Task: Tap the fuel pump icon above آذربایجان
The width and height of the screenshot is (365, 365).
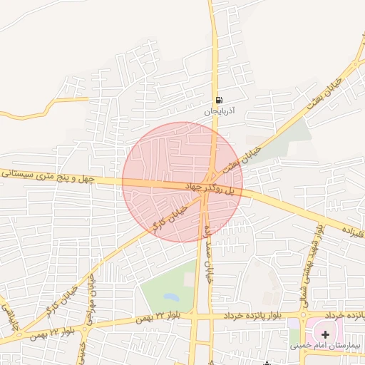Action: [218, 99]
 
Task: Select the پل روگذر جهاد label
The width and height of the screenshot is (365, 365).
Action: [210, 188]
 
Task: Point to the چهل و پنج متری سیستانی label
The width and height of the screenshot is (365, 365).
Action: [47, 175]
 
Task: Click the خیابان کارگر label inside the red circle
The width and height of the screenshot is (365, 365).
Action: [169, 216]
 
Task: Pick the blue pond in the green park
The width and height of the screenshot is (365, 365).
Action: [170, 295]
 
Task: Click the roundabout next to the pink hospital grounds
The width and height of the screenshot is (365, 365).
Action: [304, 314]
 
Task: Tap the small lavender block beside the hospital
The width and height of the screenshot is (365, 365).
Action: [293, 325]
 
